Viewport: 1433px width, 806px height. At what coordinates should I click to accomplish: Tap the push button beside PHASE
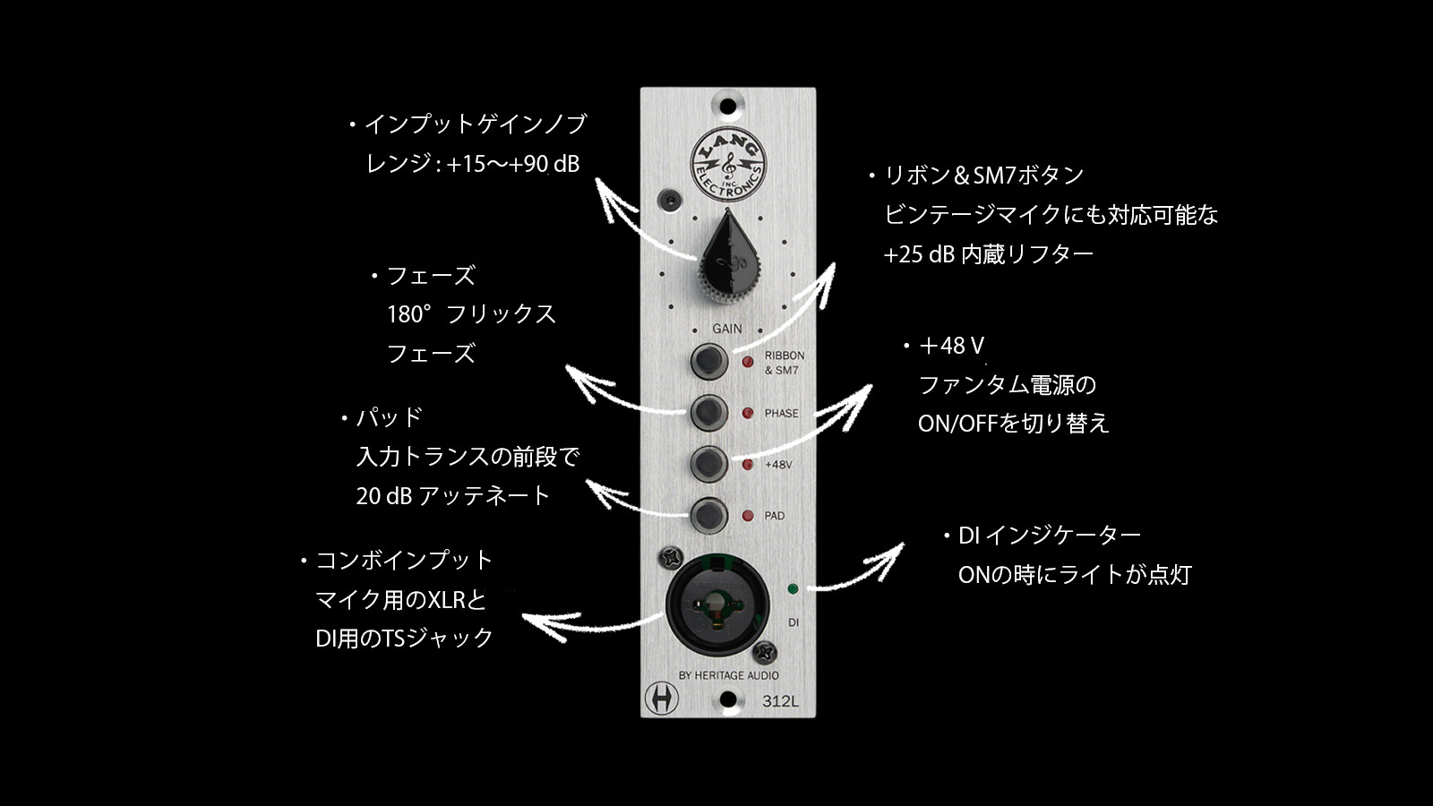[708, 413]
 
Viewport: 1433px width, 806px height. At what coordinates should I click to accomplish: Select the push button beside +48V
[708, 464]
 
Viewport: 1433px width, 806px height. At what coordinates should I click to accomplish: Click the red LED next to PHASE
[747, 413]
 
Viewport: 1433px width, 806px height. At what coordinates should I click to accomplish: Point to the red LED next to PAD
[747, 516]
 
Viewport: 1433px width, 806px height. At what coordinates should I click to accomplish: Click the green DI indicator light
[793, 588]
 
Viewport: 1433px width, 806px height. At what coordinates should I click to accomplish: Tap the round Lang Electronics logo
[728, 165]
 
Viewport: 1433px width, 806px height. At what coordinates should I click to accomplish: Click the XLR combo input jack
[717, 605]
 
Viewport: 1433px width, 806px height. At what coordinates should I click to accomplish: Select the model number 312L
[780, 701]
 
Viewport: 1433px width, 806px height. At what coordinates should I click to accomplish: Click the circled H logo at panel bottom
[662, 698]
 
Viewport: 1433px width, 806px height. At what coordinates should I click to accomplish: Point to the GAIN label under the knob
[727, 328]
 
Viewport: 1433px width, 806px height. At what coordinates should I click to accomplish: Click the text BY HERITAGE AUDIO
[729, 675]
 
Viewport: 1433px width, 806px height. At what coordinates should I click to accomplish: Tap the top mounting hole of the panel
[727, 107]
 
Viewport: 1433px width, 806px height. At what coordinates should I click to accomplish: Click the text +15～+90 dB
[513, 164]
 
